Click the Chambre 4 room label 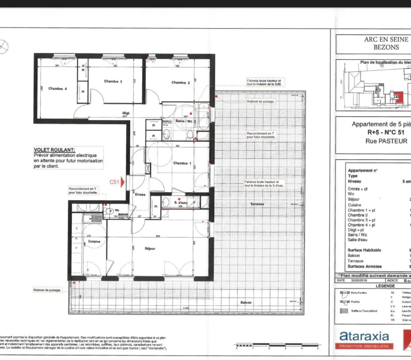coord(58,88)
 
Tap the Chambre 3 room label coord(113,81)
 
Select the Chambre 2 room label coord(180,83)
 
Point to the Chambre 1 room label coord(182,163)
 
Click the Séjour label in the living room coord(150,249)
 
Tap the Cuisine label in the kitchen coord(94,241)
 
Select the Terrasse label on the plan coord(257,204)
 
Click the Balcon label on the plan coord(246,302)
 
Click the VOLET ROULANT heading coord(54,150)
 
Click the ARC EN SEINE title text coord(386,39)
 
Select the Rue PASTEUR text coord(386,141)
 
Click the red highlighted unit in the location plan coord(398,97)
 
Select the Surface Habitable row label coord(364,250)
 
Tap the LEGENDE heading coord(385,286)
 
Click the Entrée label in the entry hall coord(140,194)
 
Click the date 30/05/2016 coord(359,280)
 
